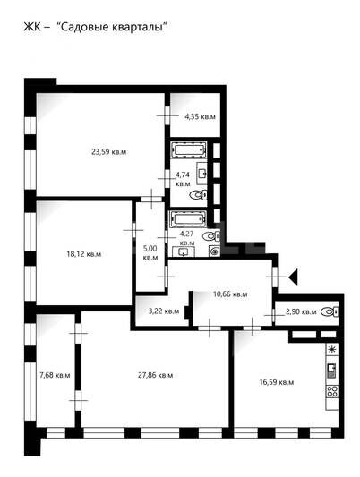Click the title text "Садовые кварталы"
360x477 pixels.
pyautogui.click(x=113, y=27)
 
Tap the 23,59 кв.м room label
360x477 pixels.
pyautogui.click(x=109, y=152)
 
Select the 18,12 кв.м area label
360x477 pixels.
pyautogui.click(x=84, y=253)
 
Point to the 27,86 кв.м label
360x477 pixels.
pyautogui.click(x=156, y=375)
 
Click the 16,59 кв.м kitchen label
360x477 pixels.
pyautogui.click(x=277, y=382)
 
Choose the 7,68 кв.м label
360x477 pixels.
pyautogui.click(x=56, y=375)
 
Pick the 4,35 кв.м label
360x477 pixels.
pyautogui.click(x=201, y=116)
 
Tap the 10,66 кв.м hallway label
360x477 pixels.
pyautogui.click(x=230, y=294)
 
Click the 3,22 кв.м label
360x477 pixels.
pyautogui.click(x=164, y=311)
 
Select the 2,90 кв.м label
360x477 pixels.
pyautogui.click(x=301, y=311)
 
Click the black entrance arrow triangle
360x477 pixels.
pyautogui.click(x=294, y=277)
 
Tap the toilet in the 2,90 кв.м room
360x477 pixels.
pyautogui.click(x=330, y=311)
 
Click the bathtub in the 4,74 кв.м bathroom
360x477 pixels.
pyautogui.click(x=189, y=149)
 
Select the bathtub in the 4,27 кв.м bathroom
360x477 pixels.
pyautogui.click(x=189, y=218)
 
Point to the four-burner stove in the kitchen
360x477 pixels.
pyautogui.click(x=332, y=391)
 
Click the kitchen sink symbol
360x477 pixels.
pyautogui.click(x=332, y=371)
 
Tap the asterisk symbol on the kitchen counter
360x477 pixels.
pyautogui.click(x=332, y=349)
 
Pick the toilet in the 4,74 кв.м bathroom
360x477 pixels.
pyautogui.click(x=198, y=194)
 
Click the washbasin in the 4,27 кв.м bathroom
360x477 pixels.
pyautogui.click(x=184, y=251)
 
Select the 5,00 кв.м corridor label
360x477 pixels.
pyautogui.click(x=150, y=252)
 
